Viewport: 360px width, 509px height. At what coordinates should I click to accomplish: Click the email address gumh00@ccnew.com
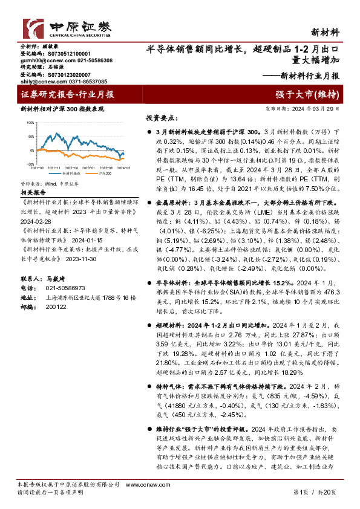point(41,61)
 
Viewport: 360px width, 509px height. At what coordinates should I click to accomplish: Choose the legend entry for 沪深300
point(104,173)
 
